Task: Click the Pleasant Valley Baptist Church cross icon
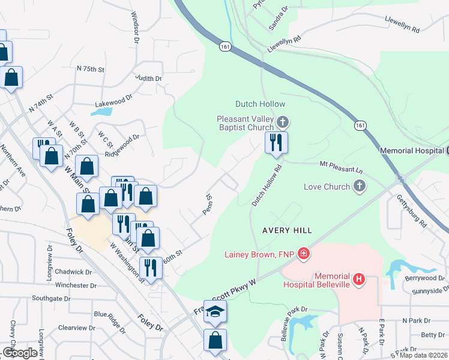[282, 123]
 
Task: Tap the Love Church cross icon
[359, 187]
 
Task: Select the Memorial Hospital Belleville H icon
[359, 279]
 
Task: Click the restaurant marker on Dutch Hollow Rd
[277, 143]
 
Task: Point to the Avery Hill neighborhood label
[287, 230]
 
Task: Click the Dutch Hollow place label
[261, 104]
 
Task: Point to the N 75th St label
[90, 70]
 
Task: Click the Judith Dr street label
[148, 79]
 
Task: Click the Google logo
[20, 353]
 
